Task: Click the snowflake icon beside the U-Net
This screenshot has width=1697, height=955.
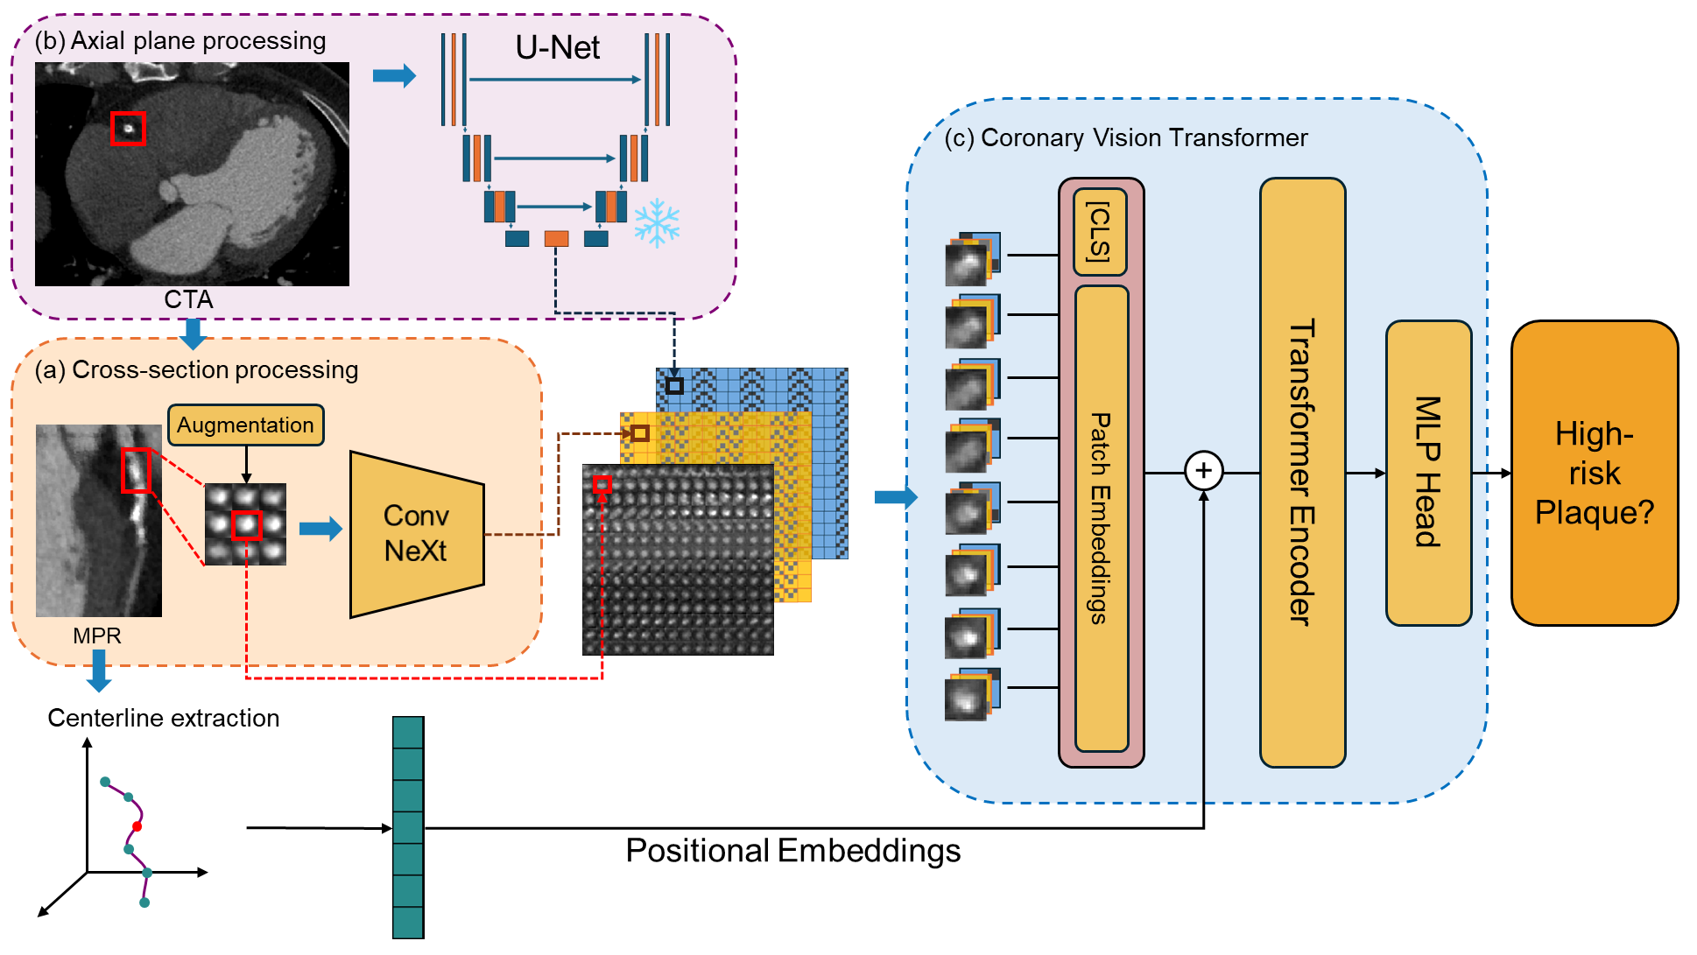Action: pos(656,221)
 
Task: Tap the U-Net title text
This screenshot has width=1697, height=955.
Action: pos(557,47)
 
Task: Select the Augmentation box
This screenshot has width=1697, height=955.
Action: pos(245,425)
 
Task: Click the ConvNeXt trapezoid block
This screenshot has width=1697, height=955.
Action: pos(415,533)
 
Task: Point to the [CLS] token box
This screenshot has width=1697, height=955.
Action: pos(1100,231)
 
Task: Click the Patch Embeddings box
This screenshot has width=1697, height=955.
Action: pos(1101,518)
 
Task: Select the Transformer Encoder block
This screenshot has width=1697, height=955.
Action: pos(1302,473)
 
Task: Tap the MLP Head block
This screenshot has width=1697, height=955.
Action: pos(1428,473)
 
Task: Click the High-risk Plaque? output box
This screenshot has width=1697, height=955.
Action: pos(1594,473)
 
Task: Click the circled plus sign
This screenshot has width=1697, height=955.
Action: pos(1204,471)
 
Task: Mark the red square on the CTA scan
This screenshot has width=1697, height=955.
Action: pos(128,129)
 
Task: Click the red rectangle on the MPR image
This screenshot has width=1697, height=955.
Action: pos(136,470)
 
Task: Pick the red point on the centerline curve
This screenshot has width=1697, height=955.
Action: pos(137,825)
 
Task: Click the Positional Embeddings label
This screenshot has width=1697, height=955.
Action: pos(792,851)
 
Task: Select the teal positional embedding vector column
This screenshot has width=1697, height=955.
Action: pos(408,827)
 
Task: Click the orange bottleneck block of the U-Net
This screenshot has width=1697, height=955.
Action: pos(556,238)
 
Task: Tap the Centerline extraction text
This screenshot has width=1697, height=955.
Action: pos(164,718)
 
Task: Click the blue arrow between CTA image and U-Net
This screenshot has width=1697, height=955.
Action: pos(393,76)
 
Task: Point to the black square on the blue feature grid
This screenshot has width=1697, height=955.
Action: pos(674,385)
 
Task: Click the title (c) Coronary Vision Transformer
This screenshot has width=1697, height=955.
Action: pos(1125,138)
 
